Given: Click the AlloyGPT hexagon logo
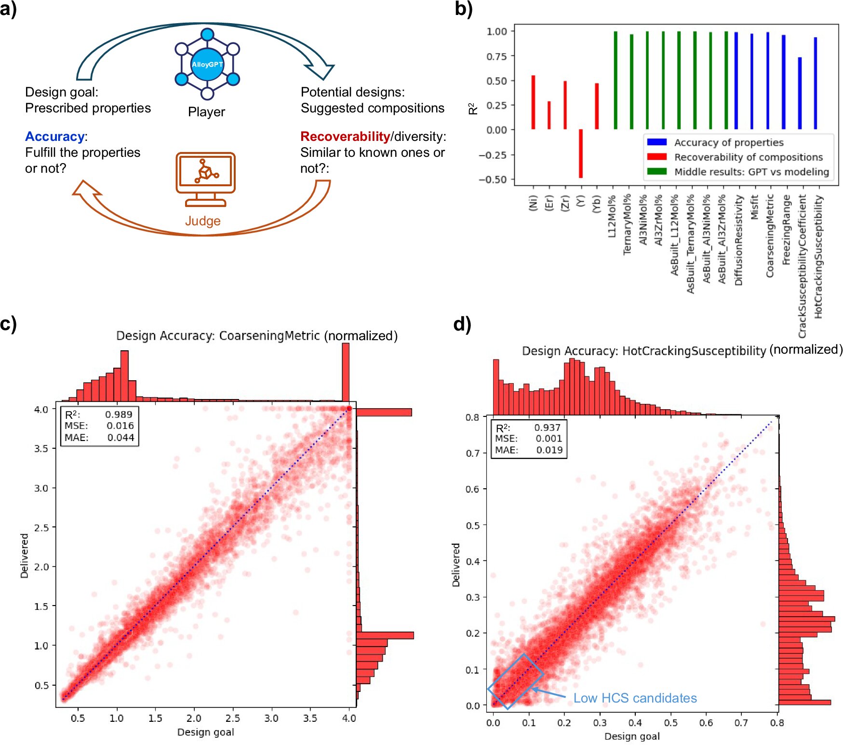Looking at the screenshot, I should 207,64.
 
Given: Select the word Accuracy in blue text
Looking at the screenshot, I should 55,137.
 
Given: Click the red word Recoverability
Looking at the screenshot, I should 345,137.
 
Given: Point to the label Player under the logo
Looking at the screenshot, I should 206,112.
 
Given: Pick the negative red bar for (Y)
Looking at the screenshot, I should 581,153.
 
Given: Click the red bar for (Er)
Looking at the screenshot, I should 549,115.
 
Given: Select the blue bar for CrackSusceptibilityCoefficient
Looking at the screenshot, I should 800,93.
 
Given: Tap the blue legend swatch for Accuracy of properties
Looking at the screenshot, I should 656,142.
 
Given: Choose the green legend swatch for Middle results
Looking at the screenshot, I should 656,172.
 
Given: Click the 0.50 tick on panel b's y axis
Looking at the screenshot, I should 496,81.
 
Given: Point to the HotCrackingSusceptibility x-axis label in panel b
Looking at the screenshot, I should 818,256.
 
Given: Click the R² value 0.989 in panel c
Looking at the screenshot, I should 119,414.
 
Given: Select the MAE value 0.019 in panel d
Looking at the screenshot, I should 549,450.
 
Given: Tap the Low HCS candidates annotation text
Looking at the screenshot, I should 635,698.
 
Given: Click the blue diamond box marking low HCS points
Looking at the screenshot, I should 515,681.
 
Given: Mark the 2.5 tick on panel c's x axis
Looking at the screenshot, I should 233,718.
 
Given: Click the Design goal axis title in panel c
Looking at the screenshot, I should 206,732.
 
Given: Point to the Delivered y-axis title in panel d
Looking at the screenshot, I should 455,565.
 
